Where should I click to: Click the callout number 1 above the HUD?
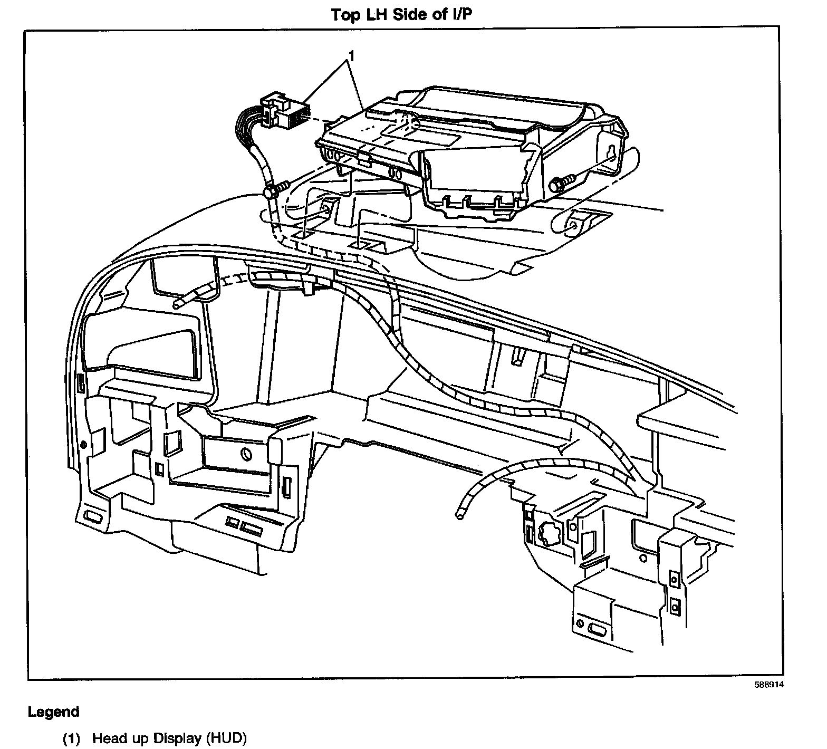click(351, 54)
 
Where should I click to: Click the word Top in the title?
click(345, 14)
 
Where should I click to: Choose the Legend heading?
click(53, 712)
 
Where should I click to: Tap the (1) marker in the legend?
click(71, 738)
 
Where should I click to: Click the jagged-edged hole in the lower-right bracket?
click(548, 535)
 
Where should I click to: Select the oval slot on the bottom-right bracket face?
click(597, 630)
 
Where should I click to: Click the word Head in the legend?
click(109, 738)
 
